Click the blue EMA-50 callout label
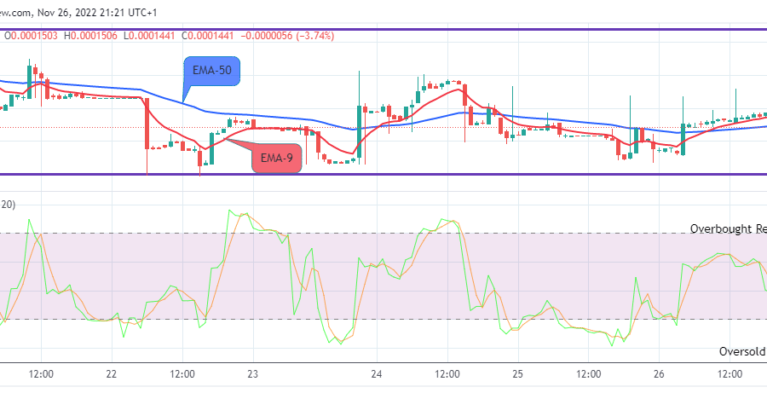212,70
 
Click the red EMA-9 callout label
277,158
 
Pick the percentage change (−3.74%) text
312,35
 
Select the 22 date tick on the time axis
112,374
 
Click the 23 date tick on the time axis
252,374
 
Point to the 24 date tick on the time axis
376,374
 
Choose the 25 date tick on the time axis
517,374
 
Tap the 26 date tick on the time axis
658,374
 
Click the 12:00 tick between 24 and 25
447,374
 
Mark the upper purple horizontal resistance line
383,31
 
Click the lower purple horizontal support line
383,175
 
